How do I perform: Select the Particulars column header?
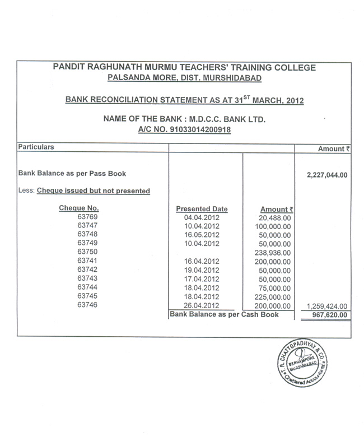point(36,146)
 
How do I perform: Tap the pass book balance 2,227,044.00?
point(327,175)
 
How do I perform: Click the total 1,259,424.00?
point(327,306)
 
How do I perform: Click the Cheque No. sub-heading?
point(79,208)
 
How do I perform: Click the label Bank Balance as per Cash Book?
point(224,315)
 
